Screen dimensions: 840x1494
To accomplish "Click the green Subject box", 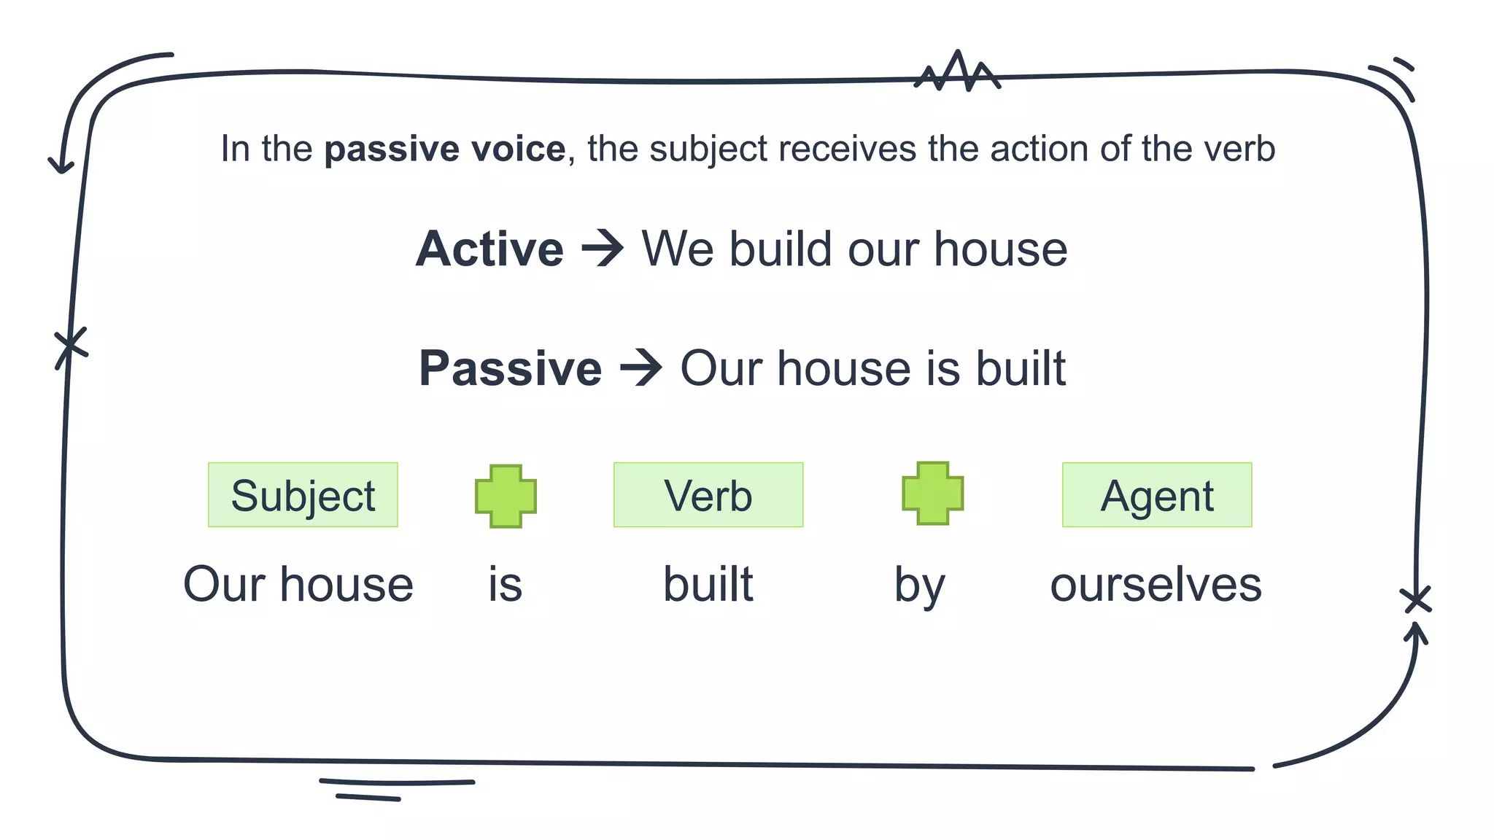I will (x=303, y=495).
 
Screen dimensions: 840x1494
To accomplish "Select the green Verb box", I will (x=708, y=495).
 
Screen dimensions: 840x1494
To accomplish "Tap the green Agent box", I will (x=1157, y=495).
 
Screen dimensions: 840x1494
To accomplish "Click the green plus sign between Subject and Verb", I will (x=506, y=496).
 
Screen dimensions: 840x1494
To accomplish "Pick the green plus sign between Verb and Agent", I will (x=932, y=493).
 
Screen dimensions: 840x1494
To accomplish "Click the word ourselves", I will (x=1156, y=585).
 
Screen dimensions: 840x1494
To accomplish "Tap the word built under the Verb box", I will (x=708, y=584).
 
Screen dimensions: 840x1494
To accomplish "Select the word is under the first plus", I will (x=506, y=585).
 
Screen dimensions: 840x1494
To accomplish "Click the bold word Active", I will (x=489, y=249).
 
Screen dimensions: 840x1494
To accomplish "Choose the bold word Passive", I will (x=510, y=368).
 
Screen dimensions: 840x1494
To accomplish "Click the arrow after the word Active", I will (x=603, y=249).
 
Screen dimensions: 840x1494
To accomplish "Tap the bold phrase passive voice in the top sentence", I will (x=445, y=149).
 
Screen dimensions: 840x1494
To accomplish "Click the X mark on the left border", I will (x=71, y=347).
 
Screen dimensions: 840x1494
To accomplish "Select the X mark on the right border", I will (x=1416, y=600).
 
